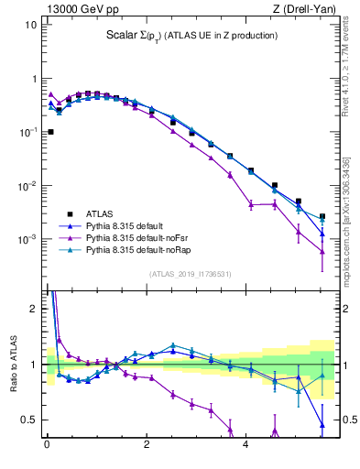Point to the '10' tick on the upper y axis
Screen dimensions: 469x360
pyautogui.click(x=30, y=25)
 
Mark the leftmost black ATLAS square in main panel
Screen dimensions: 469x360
pyautogui.click(x=49, y=132)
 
